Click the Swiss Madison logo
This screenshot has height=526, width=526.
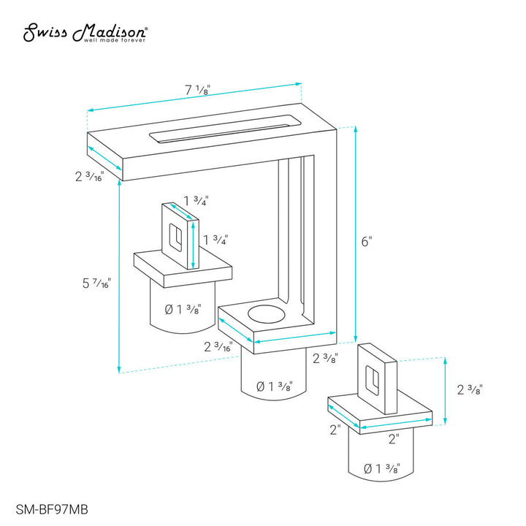(85, 33)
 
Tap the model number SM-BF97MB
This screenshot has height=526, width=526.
(52, 510)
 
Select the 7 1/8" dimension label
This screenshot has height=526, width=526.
(197, 90)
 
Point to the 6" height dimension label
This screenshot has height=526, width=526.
(367, 241)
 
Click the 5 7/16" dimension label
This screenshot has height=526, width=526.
(96, 283)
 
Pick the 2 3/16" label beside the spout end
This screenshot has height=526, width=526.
(90, 177)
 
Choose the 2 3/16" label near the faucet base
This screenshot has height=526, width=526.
(218, 346)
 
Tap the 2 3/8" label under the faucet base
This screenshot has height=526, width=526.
(325, 358)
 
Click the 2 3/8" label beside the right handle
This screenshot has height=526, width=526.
(470, 389)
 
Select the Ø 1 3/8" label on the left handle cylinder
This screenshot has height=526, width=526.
(183, 309)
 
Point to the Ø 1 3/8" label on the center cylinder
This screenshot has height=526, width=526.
(275, 386)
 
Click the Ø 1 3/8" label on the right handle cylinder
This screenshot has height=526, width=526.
(382, 468)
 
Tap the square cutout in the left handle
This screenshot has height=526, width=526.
(175, 237)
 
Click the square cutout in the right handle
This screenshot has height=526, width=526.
(372, 379)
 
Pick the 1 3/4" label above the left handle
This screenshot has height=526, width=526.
(197, 201)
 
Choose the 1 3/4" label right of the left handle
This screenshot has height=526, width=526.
(216, 240)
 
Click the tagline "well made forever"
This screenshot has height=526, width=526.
(115, 40)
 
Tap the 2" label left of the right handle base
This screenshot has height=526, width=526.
(335, 430)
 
